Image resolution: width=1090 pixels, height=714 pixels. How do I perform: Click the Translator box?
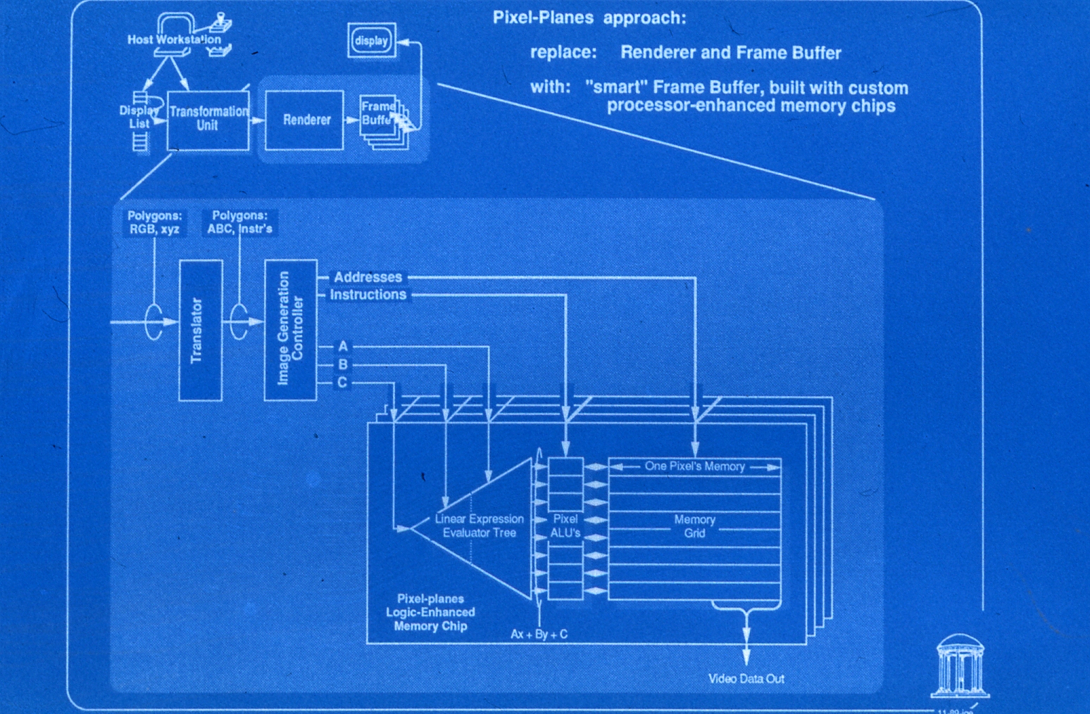coord(201,330)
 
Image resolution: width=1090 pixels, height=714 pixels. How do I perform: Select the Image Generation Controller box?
coord(290,330)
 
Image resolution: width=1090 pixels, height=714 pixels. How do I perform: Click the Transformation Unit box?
coord(208,120)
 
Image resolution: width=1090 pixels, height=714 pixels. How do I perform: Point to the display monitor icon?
coord(371,41)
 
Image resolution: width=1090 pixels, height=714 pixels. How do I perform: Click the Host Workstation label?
coord(174,39)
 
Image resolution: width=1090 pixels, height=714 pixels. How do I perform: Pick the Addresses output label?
coord(368,277)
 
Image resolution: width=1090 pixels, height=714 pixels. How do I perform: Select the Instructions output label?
coord(368,295)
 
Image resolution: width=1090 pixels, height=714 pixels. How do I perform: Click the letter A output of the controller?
coord(343,346)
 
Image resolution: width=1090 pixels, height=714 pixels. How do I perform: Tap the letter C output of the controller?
coord(342,383)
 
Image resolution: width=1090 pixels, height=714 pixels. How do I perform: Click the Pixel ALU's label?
coord(565,526)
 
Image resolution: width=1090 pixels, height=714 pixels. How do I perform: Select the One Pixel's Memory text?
coord(694,466)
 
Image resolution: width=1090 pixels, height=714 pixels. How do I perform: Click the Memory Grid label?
coord(694,526)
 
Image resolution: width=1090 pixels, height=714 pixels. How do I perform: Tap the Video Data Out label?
coord(746,679)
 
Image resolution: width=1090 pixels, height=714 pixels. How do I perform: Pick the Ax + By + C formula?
coord(539,635)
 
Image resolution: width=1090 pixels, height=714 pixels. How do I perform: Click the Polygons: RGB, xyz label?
coord(154,222)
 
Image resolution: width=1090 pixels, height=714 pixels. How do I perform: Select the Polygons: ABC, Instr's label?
coord(239,222)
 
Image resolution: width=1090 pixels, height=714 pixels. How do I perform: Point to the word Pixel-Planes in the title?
coord(543,18)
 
